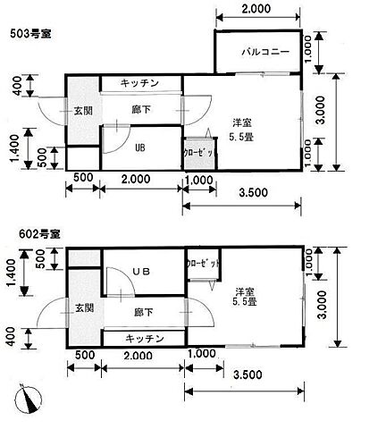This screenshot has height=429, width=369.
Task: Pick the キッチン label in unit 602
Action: [x=143, y=339]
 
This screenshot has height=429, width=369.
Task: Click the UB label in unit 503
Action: [x=140, y=148]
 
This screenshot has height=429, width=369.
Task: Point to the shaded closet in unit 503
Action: [x=196, y=152]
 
